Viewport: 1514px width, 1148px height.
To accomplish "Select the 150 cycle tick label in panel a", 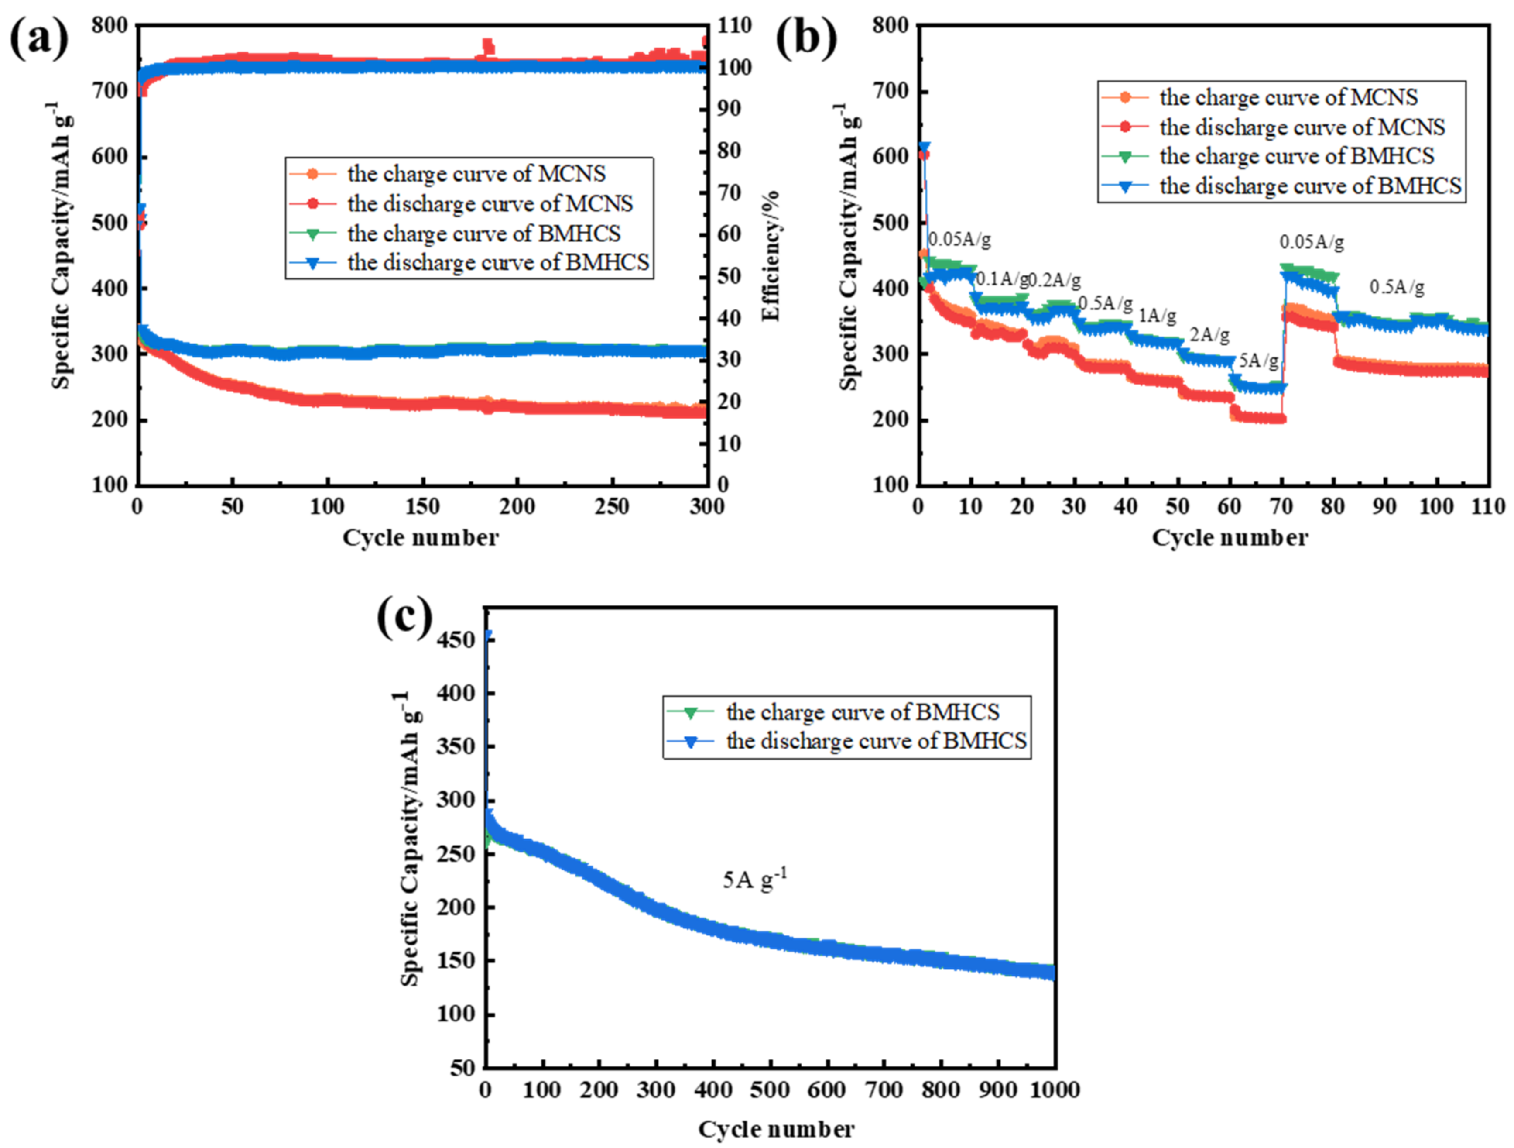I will [x=422, y=507].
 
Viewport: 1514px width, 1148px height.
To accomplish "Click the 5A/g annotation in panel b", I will [x=1258, y=361].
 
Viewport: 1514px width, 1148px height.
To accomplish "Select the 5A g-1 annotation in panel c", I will [x=754, y=878].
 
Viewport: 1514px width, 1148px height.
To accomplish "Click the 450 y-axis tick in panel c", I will [x=456, y=640].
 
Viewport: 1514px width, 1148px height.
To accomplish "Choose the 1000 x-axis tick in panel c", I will [x=1055, y=1090].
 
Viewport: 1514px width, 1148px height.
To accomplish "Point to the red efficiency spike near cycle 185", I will [x=487, y=47].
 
